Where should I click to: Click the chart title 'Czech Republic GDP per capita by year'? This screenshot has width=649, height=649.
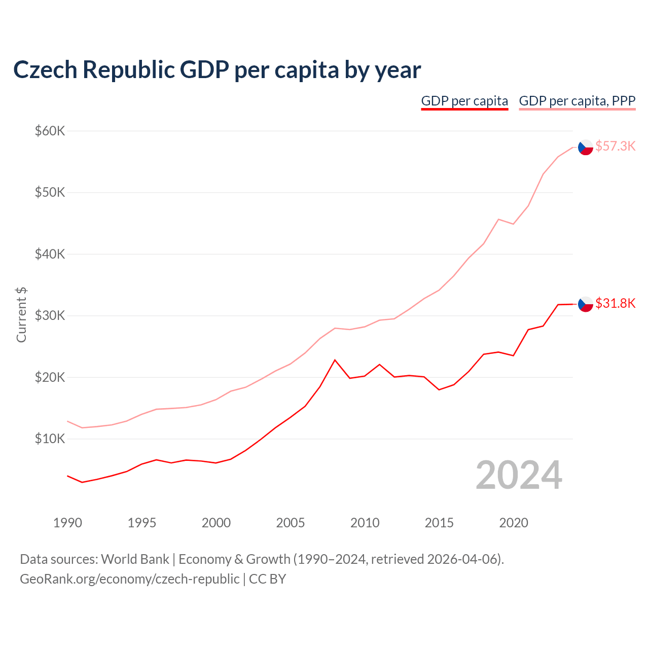coord(217,70)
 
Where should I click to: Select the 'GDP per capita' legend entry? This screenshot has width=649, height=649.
coord(464,101)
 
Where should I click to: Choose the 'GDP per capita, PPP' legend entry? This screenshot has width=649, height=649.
coord(577,101)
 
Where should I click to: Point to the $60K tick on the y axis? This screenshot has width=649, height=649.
coord(50,131)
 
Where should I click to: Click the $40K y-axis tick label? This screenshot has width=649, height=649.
coord(50,254)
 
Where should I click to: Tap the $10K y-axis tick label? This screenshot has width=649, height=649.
coord(50,439)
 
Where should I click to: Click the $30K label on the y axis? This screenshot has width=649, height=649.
coord(50,315)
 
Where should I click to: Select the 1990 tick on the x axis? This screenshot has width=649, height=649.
coord(67,523)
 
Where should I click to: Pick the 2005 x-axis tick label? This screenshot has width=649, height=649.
coord(291,523)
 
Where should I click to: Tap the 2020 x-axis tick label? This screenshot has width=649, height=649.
coord(514,523)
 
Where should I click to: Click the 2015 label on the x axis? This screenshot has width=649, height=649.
coord(439,523)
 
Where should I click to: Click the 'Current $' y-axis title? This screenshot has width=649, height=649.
coord(21,314)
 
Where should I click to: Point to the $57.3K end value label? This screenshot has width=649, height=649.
coord(615,146)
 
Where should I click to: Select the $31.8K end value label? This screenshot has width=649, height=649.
coord(615,303)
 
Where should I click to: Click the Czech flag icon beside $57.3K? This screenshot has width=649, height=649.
coord(586,147)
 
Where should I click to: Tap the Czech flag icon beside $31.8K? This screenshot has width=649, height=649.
coord(586,304)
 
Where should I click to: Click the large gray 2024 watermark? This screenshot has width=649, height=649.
coord(519,475)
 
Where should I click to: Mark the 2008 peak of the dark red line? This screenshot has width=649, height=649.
coord(335,360)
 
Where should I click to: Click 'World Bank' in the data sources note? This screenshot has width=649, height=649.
coord(135,559)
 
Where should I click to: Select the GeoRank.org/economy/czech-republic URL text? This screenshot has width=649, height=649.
coord(129,579)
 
